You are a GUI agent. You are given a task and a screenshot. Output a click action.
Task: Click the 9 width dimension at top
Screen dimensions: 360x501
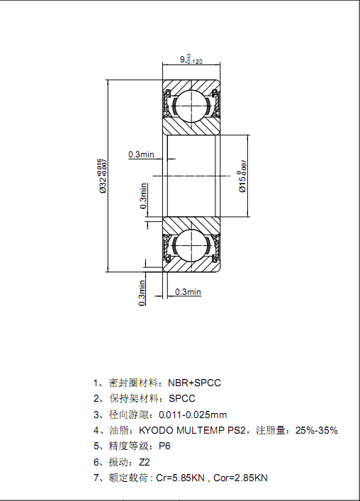click(191, 59)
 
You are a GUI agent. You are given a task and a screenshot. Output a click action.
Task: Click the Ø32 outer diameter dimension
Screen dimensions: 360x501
click(103, 176)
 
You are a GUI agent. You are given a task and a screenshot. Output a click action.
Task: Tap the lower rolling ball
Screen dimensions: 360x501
click(191, 245)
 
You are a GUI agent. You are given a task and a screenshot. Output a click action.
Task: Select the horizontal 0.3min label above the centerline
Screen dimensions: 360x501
click(141, 154)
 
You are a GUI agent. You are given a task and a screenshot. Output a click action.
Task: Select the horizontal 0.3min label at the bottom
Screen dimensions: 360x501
click(188, 292)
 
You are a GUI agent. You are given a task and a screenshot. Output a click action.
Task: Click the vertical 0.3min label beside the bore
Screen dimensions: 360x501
click(143, 196)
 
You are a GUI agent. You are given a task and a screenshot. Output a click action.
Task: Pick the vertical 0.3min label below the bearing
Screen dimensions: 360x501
click(142, 293)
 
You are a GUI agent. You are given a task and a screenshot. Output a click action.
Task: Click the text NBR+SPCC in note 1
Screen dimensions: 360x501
click(195, 383)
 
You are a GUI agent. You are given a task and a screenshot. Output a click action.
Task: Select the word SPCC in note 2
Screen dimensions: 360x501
click(181, 398)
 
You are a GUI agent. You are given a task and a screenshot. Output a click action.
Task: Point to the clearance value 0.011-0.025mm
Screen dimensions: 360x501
click(193, 415)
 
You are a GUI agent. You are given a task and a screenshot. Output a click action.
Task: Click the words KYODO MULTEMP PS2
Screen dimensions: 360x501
click(192, 430)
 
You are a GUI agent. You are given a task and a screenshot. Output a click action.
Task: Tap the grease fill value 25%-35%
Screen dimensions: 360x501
click(317, 430)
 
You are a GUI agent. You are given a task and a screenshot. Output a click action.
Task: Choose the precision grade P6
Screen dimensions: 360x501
click(164, 446)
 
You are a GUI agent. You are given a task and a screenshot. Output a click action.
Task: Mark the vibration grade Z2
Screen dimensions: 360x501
click(145, 462)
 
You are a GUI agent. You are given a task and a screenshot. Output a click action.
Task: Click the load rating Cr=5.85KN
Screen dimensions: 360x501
click(180, 478)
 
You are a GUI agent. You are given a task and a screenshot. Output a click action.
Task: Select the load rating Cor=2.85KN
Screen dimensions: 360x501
click(240, 478)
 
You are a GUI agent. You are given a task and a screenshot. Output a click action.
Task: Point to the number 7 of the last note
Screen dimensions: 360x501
click(96, 478)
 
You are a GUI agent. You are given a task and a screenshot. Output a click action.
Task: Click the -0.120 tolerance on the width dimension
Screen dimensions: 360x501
click(195, 62)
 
